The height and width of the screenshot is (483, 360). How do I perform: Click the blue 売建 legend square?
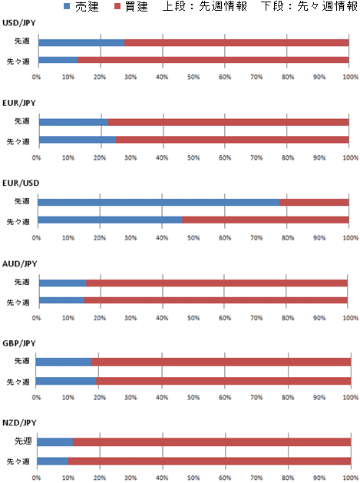coord(67,6)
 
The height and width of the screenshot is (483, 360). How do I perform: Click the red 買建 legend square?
coord(117,6)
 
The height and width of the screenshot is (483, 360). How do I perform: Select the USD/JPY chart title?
coord(19,23)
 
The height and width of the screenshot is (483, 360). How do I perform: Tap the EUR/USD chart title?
coord(21,184)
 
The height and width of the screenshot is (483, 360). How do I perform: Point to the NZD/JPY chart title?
coord(19,423)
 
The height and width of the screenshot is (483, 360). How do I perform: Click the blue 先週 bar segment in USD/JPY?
coord(81,42)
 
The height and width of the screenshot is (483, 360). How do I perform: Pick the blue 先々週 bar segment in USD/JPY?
coord(58,60)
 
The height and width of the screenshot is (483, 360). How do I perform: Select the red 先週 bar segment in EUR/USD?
coord(314,203)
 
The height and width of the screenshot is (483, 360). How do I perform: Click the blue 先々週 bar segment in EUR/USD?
coord(110,220)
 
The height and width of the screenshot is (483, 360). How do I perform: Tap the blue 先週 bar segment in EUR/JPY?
coord(74,122)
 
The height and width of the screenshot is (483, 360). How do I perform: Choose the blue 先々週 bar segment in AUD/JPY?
coord(61,300)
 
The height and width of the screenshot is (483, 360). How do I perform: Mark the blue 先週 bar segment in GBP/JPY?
coord(64,362)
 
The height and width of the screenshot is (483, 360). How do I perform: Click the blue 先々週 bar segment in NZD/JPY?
coord(52,461)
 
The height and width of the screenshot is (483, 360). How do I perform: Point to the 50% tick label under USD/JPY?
coord(193,77)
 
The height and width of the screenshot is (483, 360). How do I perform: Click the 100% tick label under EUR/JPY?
coord(351,157)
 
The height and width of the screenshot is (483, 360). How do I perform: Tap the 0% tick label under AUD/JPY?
coord(36,318)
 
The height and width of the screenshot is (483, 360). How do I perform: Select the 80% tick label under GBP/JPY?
coord(288,397)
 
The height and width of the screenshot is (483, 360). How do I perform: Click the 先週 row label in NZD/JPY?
coord(23,441)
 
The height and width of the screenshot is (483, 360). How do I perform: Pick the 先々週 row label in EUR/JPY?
coord(18,142)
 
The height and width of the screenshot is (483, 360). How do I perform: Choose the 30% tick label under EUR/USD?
coord(130,238)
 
